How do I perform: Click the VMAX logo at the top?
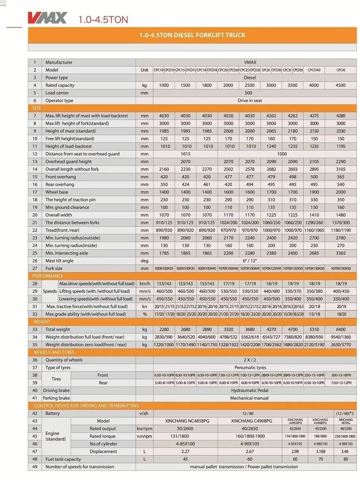click(x=47, y=18)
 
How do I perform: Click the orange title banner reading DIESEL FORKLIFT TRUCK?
click(x=192, y=35)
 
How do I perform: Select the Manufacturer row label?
click(x=59, y=62)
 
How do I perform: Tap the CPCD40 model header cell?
click(x=314, y=70)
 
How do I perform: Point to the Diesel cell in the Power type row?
click(x=250, y=78)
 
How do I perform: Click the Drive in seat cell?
click(x=250, y=101)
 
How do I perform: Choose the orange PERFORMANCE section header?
click(x=48, y=276)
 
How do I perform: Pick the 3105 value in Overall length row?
click(x=341, y=169)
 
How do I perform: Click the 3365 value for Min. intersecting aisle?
click(x=341, y=253)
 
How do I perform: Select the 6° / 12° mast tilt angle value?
click(x=250, y=261)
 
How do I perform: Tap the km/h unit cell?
click(x=145, y=284)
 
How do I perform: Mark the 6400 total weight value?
click(x=341, y=329)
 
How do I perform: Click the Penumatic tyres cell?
click(x=250, y=368)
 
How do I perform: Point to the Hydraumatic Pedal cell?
click(x=250, y=390)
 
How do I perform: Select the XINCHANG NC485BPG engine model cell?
click(x=185, y=421)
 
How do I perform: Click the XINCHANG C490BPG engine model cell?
click(x=250, y=421)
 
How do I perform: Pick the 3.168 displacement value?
click(x=320, y=451)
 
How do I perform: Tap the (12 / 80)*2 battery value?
click(x=345, y=413)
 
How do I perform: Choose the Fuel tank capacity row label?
click(x=63, y=459)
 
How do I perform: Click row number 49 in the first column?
click(x=34, y=467)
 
